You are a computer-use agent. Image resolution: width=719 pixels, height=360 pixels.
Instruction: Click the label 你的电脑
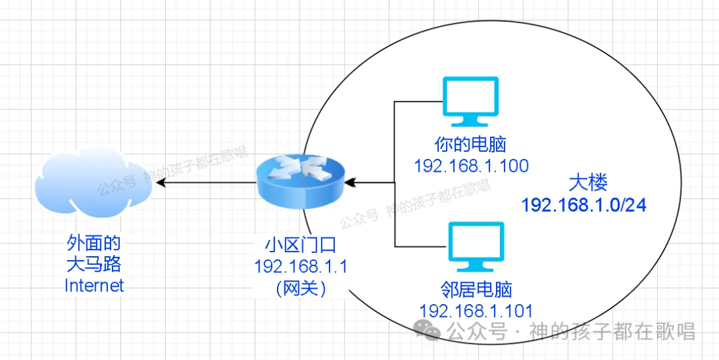[471, 144]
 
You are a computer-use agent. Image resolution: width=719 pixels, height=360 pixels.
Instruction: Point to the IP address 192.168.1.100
[471, 165]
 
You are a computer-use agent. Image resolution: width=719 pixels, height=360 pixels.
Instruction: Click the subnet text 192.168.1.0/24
[584, 204]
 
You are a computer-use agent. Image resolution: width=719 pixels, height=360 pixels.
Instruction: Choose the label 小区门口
[301, 245]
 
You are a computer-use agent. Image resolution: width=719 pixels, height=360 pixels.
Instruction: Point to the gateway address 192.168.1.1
[301, 266]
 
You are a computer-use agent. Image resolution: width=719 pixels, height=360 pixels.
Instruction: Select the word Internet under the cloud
[95, 285]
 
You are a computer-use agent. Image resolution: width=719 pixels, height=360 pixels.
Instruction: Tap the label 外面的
[95, 243]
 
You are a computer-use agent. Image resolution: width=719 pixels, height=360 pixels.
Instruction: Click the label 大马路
[95, 264]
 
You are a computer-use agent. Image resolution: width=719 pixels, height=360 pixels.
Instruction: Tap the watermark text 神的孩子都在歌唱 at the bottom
[612, 331]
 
